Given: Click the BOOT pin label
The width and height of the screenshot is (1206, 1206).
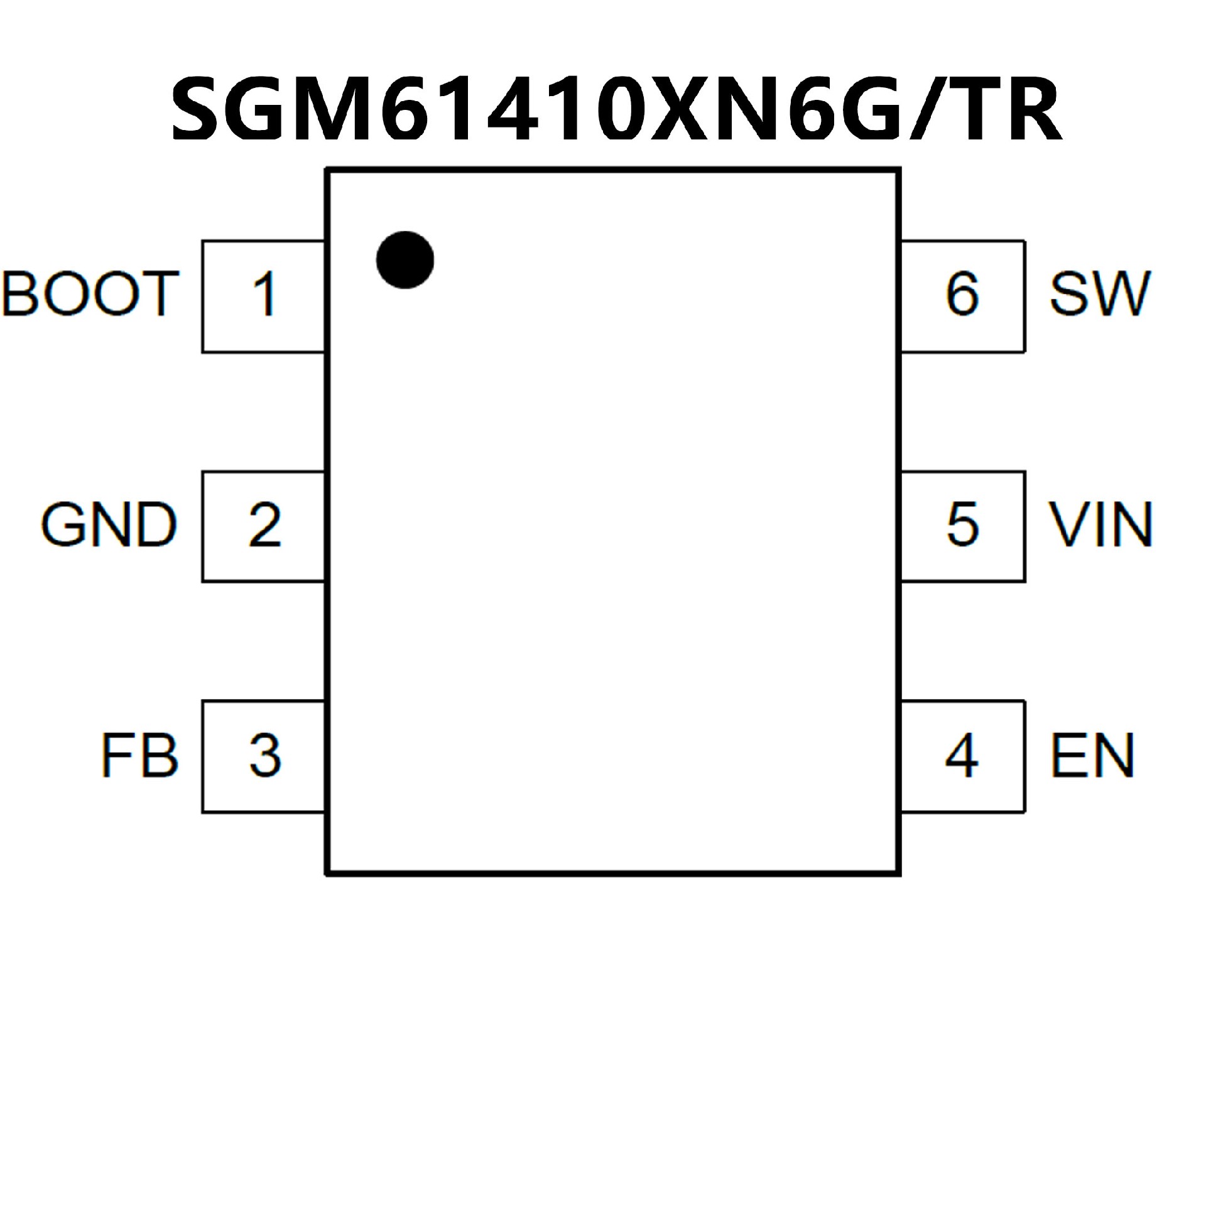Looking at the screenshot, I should [91, 293].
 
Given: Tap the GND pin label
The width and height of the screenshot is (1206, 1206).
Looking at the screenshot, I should [109, 525].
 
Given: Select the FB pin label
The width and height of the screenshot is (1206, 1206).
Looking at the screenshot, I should [139, 756].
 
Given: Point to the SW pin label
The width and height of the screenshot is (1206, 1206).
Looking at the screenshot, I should [1099, 293].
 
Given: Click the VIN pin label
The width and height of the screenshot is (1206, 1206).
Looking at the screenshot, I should [1100, 525].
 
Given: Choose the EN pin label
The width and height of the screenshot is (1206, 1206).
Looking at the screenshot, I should [1092, 756].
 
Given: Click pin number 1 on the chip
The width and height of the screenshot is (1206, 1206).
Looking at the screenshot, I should [264, 294].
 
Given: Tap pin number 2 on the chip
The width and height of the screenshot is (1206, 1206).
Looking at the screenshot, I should [264, 525].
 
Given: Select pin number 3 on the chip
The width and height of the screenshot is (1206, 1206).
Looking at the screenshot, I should [264, 756].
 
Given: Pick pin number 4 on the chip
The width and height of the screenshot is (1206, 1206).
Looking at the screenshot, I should [962, 756].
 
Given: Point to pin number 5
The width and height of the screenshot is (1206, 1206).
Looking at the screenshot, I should [962, 525].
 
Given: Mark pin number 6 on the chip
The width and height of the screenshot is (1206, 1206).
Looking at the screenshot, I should [962, 294].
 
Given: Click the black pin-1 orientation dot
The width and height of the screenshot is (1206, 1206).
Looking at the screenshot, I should [405, 260].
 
